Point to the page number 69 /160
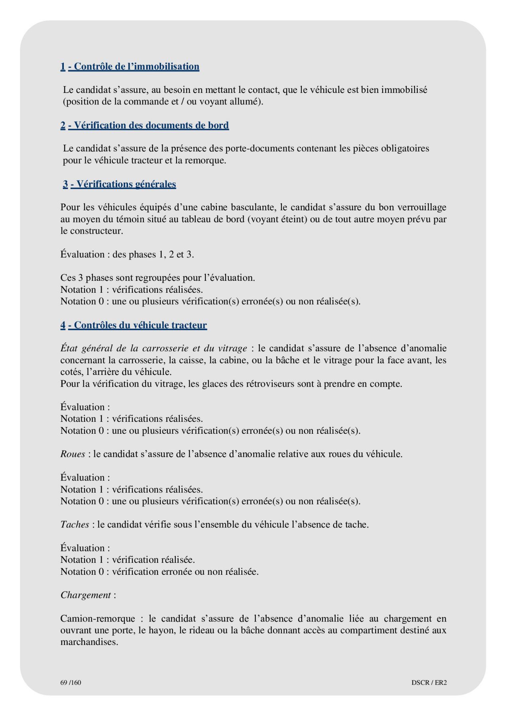tap(71, 682)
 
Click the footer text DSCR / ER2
tap(429, 682)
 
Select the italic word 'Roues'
tap(73, 454)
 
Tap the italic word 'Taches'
tap(75, 525)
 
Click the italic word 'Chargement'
tap(85, 595)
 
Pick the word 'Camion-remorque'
tap(98, 619)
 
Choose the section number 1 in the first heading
tap(63, 67)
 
